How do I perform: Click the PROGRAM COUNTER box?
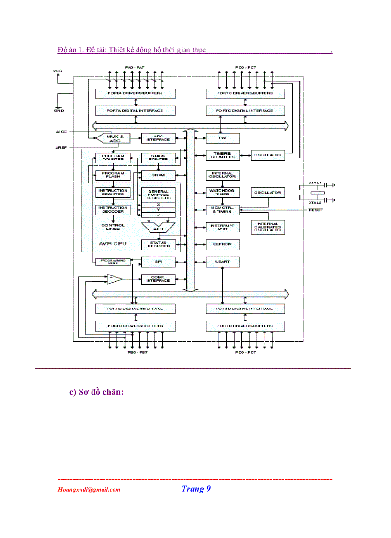point(113,158)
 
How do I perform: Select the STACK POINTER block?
point(158,158)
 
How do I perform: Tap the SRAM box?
point(158,175)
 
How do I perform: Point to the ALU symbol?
point(158,228)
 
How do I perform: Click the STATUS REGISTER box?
point(158,244)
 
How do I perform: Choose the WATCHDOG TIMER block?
point(222,192)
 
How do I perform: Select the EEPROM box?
point(222,244)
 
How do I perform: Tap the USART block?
point(222,262)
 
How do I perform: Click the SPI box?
point(158,262)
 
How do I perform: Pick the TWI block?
point(222,138)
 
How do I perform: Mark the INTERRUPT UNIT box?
point(222,227)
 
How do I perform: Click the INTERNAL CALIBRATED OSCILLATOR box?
point(268,227)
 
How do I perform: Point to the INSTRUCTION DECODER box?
point(113,209)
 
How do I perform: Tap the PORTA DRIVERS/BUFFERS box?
point(136,93)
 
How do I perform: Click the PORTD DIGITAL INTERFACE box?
point(245,309)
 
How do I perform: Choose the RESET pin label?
point(316,210)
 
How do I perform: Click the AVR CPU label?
point(112,243)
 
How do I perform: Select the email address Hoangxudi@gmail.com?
point(89,490)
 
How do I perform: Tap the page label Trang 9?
point(196,489)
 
